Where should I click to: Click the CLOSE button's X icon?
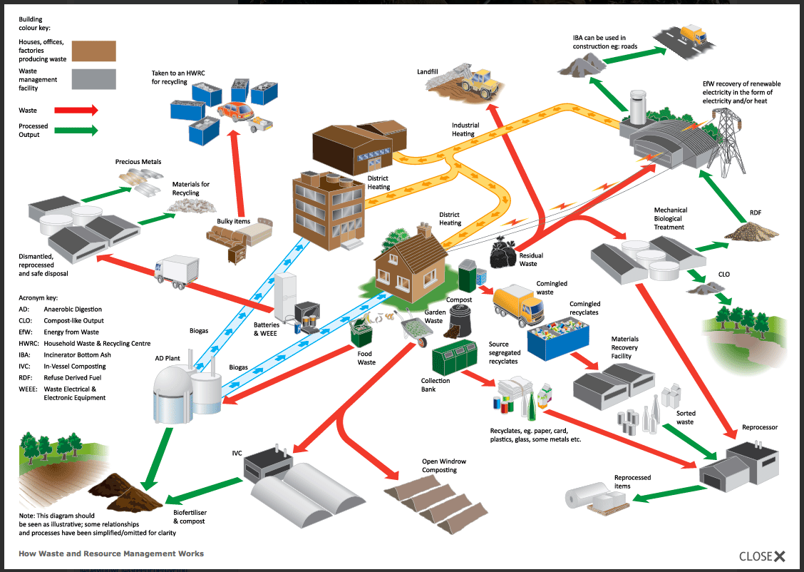click(780, 556)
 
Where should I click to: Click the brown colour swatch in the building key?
click(93, 51)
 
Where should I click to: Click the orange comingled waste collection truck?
click(519, 303)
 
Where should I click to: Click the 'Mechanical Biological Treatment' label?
click(670, 219)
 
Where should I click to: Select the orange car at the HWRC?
click(238, 111)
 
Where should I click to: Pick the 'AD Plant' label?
click(167, 359)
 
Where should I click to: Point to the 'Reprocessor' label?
click(760, 427)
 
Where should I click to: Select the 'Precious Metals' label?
click(138, 162)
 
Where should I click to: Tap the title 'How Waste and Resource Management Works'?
click(111, 553)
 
